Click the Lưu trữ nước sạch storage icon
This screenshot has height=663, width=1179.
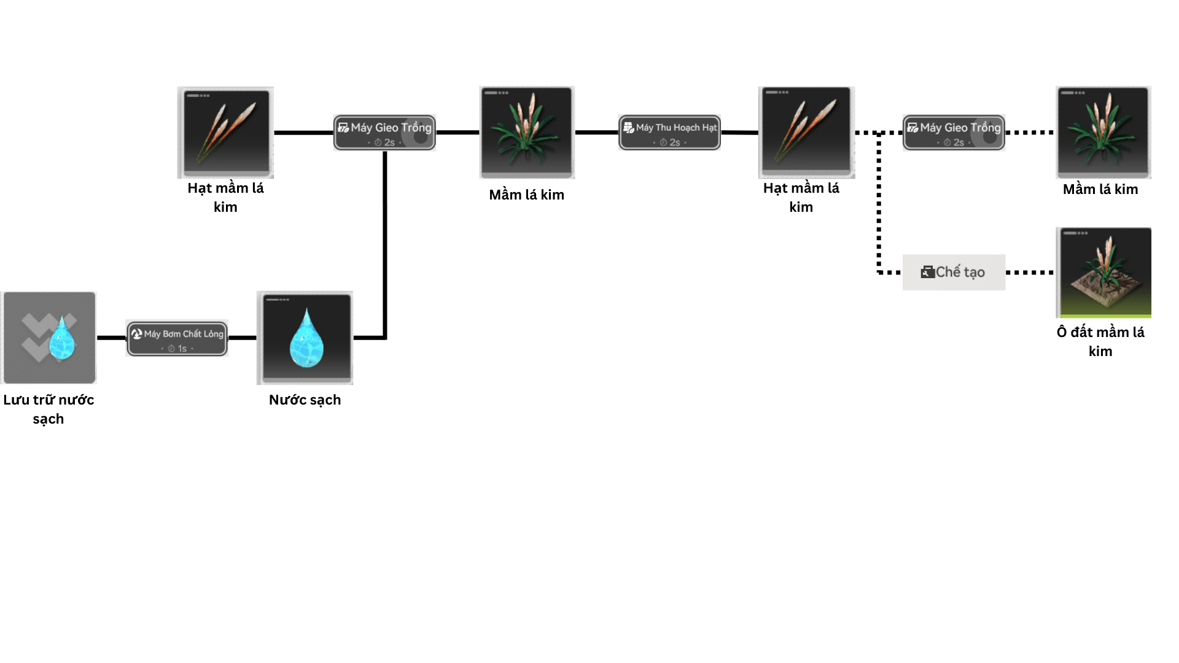(x=49, y=338)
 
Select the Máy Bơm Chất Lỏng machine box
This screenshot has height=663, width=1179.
(x=177, y=338)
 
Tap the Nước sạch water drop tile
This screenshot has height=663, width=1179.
(x=305, y=338)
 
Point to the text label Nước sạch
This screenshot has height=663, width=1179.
(x=305, y=400)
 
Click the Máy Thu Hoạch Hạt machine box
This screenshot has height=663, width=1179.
(x=669, y=132)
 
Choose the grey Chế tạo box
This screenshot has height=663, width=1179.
(x=954, y=272)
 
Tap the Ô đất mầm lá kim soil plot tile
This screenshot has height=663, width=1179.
(x=1103, y=272)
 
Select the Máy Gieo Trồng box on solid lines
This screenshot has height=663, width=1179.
(x=384, y=132)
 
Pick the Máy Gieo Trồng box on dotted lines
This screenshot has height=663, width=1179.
(x=954, y=132)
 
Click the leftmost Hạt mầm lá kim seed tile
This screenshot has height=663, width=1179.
(x=225, y=132)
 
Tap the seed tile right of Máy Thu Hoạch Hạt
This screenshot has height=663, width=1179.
(x=806, y=132)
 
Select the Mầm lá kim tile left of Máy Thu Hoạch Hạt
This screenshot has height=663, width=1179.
(x=527, y=132)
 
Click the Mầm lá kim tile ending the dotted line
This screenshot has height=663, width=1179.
(x=1103, y=132)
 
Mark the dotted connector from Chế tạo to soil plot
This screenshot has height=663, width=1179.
(x=1030, y=272)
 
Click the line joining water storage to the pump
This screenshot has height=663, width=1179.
(x=111, y=338)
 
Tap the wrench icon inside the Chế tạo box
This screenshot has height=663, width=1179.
(x=927, y=272)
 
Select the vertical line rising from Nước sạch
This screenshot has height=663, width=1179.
(x=385, y=246)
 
